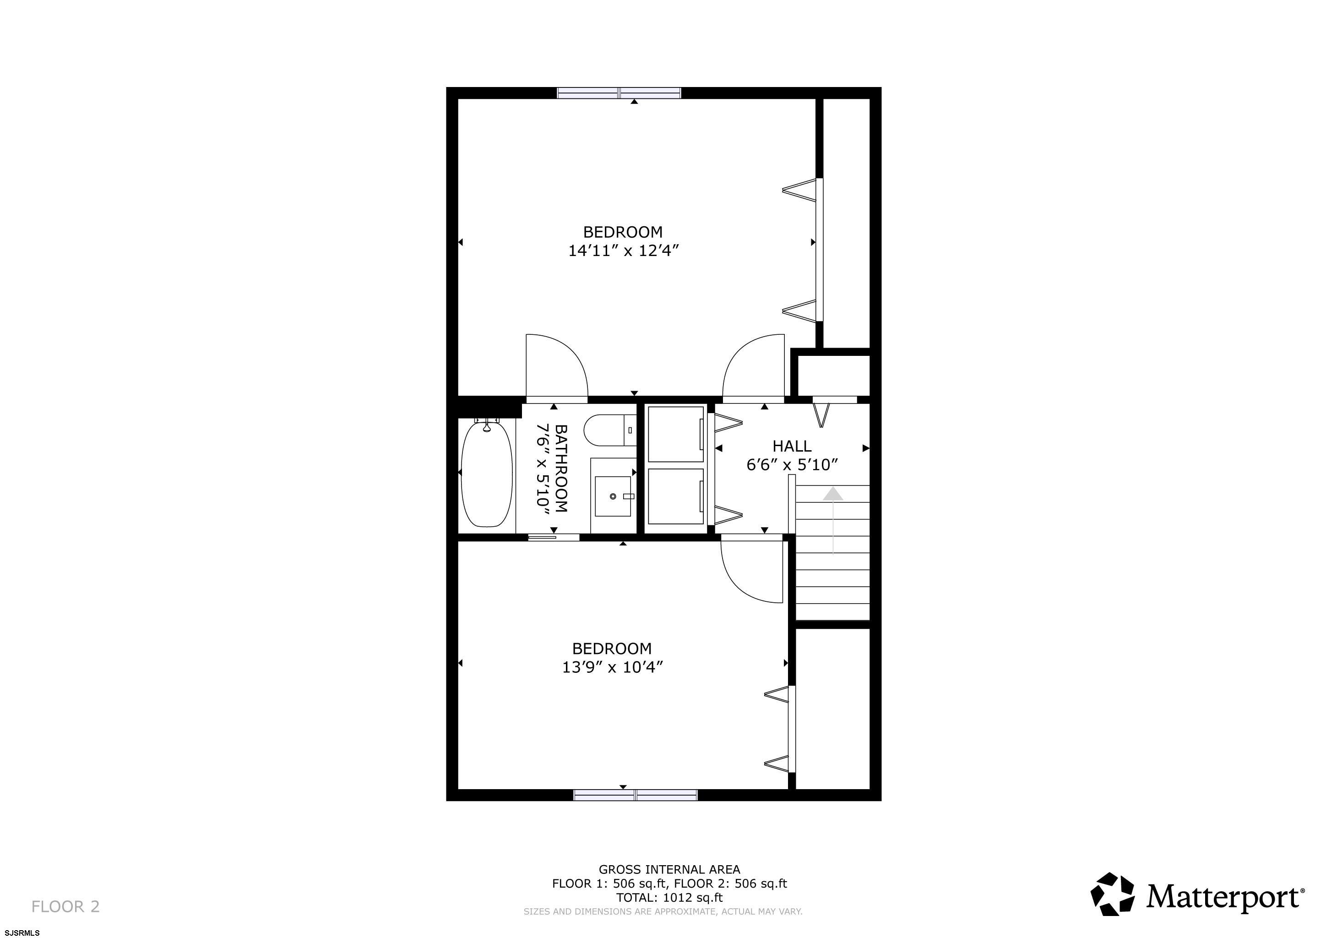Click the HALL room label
792,446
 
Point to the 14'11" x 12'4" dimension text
623,251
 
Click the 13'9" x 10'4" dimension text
612,667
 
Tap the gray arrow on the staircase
832,520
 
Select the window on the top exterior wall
619,93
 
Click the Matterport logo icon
1112,894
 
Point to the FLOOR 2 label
65,907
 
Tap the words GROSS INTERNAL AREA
669,869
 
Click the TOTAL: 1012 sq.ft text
669,898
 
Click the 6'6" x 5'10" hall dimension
792,465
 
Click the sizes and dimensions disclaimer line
663,912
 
